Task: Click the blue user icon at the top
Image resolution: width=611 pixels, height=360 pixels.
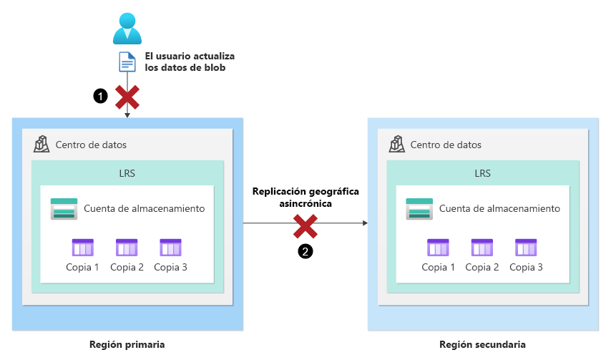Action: [x=127, y=29]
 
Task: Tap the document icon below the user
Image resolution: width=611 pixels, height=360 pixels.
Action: [x=127, y=62]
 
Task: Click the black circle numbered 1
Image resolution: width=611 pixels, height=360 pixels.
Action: [x=101, y=94]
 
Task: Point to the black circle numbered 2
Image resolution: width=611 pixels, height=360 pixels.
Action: [x=305, y=251]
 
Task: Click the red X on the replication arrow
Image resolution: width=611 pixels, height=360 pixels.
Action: [x=305, y=227]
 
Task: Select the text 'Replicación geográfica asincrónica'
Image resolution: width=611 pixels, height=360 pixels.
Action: [x=305, y=198]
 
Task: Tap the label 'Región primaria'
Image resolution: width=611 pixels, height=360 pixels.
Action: [x=127, y=344]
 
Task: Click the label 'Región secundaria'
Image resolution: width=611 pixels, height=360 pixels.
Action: [x=482, y=344]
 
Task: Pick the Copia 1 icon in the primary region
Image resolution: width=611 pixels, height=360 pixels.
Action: [x=83, y=248]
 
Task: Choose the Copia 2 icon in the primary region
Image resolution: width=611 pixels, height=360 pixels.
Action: [x=127, y=248]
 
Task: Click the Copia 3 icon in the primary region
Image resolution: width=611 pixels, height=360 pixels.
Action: [x=170, y=248]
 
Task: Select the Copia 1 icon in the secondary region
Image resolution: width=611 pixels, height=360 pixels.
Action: [x=438, y=248]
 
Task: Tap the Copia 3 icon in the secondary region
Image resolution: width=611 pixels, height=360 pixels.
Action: [x=526, y=248]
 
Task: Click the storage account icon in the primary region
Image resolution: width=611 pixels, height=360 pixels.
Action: [x=64, y=209]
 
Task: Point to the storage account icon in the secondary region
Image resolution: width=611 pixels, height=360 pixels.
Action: [x=419, y=209]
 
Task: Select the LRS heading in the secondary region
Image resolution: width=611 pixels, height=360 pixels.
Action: [x=482, y=173]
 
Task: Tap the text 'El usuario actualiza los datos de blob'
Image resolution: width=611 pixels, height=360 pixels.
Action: [x=190, y=62]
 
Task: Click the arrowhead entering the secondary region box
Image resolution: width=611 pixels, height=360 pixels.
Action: [x=364, y=223]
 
